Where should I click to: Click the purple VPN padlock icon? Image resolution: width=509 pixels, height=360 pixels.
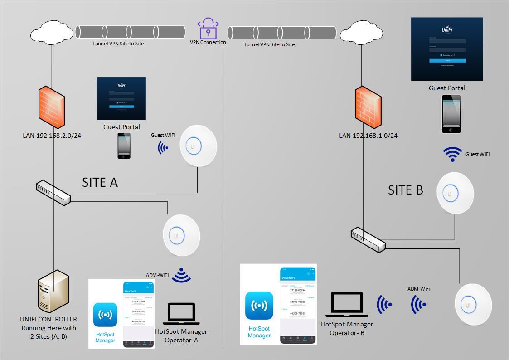coord(208,28)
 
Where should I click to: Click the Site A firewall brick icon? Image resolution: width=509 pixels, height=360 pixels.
coord(52,107)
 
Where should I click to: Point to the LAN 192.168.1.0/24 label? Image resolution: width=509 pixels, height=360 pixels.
coord(368,136)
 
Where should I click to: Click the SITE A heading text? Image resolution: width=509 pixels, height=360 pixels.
coord(100,182)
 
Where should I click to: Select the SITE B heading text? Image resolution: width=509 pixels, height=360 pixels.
coord(405,190)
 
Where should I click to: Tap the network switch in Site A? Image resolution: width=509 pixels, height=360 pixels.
coord(53,193)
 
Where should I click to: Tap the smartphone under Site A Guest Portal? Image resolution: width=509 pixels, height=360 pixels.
coord(124,146)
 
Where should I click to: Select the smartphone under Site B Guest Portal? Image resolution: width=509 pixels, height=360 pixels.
coord(451,114)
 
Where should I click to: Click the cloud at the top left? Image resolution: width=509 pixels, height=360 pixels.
coord(52,33)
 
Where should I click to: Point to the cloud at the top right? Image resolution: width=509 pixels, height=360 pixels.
coord(361,33)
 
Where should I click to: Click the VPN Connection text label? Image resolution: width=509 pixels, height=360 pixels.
coord(208,42)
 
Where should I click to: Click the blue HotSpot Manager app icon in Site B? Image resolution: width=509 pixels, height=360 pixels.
coord(259,306)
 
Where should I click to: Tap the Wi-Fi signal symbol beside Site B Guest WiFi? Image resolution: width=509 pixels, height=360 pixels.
coord(452,155)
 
